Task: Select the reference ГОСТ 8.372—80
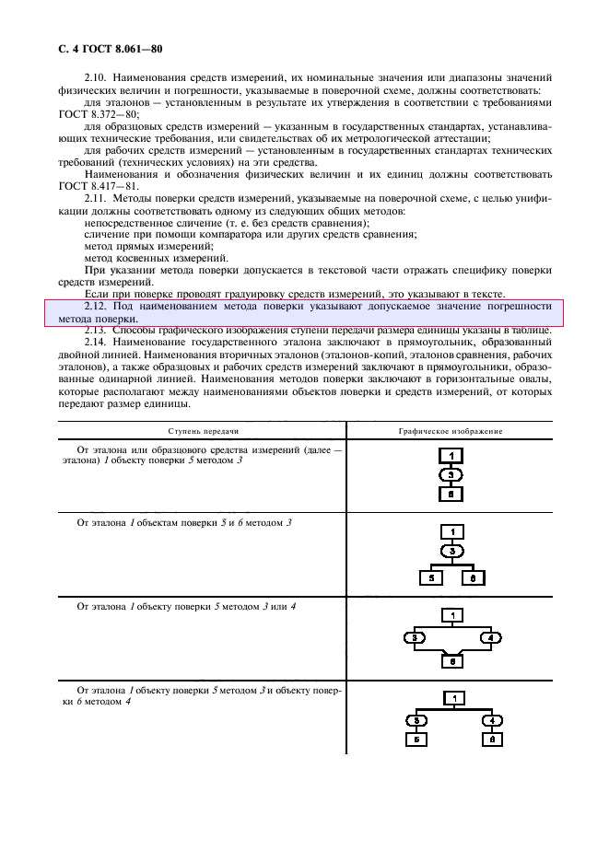(x=91, y=115)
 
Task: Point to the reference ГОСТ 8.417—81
(x=91, y=187)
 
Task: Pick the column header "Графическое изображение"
(x=451, y=431)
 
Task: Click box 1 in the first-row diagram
(x=451, y=456)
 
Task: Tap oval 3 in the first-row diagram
(x=451, y=474)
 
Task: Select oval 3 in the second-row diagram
(x=451, y=551)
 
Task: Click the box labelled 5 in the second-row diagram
(x=430, y=579)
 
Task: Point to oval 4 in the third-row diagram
(x=490, y=637)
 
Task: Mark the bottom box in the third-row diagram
(x=451, y=659)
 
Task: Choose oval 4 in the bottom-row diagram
(x=493, y=720)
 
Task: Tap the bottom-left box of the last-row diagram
(x=416, y=740)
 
